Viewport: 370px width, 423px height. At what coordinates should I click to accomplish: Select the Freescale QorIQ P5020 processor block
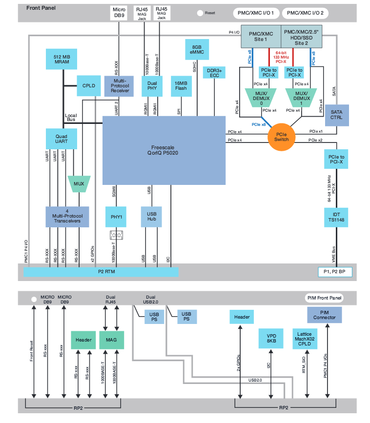164,150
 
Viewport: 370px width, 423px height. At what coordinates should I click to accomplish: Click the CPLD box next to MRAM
89,86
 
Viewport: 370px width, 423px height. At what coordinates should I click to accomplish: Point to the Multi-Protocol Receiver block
119,86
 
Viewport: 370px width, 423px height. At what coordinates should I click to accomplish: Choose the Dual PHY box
152,86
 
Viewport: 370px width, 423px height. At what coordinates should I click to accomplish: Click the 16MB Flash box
180,86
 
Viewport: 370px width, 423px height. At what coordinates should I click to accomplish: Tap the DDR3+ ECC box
215,74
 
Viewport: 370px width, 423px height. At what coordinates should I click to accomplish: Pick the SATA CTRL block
337,115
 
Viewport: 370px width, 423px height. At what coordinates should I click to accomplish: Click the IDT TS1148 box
336,218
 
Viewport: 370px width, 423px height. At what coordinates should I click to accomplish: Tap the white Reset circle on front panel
200,13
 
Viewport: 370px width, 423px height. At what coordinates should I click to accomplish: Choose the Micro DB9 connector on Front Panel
119,13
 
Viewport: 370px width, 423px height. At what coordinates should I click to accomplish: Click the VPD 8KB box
271,338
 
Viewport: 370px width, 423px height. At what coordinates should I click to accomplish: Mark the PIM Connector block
325,315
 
